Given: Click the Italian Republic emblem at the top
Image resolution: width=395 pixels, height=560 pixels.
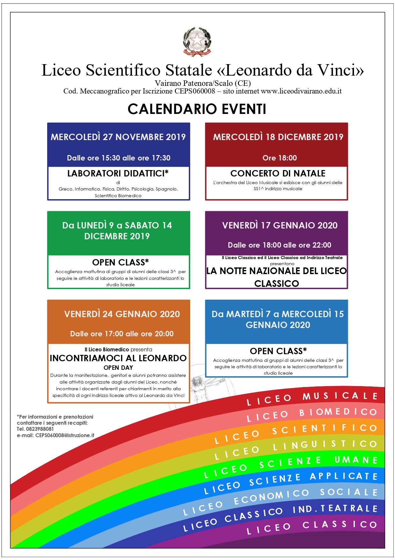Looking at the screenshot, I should pyautogui.click(x=197, y=42).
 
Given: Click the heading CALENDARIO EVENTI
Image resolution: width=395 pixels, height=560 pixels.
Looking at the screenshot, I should pyautogui.click(x=197, y=109).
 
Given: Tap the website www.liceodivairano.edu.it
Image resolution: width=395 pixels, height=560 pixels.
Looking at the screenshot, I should pyautogui.click(x=301, y=91).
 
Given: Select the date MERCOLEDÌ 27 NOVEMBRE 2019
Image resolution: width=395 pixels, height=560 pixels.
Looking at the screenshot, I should pyautogui.click(x=118, y=137).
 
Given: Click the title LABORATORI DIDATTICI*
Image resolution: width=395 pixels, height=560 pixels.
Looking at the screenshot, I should pyautogui.click(x=118, y=173).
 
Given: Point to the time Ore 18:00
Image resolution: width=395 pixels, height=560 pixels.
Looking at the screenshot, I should pyautogui.click(x=279, y=158).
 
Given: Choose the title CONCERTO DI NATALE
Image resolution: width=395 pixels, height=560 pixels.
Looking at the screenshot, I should pyautogui.click(x=278, y=173).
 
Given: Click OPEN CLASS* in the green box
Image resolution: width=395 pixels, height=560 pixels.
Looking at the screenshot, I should pyautogui.click(x=120, y=262).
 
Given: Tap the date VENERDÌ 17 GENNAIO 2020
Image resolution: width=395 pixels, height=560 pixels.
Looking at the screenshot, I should pyautogui.click(x=280, y=225).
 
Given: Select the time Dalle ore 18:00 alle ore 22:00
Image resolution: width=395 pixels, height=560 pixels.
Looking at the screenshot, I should pyautogui.click(x=279, y=245).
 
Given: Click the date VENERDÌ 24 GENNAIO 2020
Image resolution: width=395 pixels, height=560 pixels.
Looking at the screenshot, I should pyautogui.click(x=122, y=314).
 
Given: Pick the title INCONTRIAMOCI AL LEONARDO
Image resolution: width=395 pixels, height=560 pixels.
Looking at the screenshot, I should pyautogui.click(x=118, y=358).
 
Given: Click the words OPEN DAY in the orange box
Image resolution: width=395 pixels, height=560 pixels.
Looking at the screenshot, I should pyautogui.click(x=118, y=368).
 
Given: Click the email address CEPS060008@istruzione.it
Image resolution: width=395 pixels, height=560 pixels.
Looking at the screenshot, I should pyautogui.click(x=65, y=435).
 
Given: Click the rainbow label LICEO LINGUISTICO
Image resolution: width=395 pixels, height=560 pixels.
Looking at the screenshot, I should pyautogui.click(x=296, y=447).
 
